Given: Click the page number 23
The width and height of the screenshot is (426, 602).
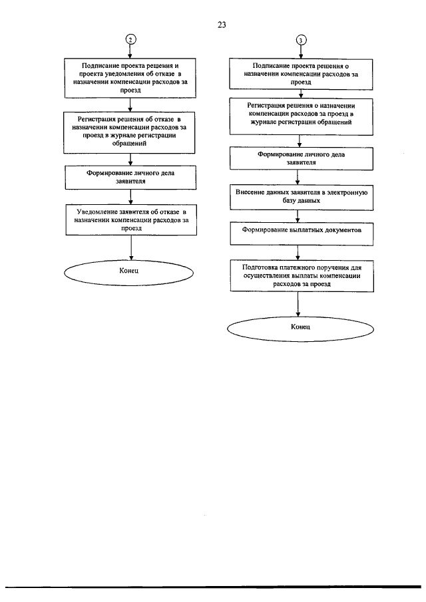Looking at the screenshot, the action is pos(222,25).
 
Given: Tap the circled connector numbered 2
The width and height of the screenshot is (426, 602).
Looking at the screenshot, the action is pos(130,39).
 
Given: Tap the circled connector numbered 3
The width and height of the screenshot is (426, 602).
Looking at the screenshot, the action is pos(301,40).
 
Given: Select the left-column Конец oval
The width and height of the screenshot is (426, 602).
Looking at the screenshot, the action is pos(128,273).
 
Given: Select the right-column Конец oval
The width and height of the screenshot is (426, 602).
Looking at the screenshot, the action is pos(300,329).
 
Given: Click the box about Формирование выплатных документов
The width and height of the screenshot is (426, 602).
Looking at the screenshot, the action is pos(302,233).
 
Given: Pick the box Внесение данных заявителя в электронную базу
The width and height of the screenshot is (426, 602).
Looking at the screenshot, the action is pos(302,198).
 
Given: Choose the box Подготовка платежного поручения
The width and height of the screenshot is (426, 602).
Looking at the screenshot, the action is pos(302,275).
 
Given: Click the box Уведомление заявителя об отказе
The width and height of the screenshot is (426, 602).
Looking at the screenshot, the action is pos(131,220).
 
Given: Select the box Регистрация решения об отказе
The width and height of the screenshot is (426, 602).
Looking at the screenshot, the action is pos(129,132).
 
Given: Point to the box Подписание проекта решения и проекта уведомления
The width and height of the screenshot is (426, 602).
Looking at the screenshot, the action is pos(130,78).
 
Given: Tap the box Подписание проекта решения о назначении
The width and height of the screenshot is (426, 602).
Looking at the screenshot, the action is pos(301,74).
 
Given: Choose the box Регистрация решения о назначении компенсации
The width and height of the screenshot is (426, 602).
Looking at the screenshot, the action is pos(301,116).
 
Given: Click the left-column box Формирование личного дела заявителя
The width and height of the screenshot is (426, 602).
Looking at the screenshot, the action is pos(130,178).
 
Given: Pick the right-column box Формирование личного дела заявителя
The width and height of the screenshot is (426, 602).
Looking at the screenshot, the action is pos(302,158).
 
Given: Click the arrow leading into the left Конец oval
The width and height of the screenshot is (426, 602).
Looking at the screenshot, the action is pos(131,247).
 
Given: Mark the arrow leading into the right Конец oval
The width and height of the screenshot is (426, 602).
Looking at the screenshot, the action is pos(298,304).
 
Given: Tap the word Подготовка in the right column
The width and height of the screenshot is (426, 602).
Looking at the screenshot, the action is pos(260,267).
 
